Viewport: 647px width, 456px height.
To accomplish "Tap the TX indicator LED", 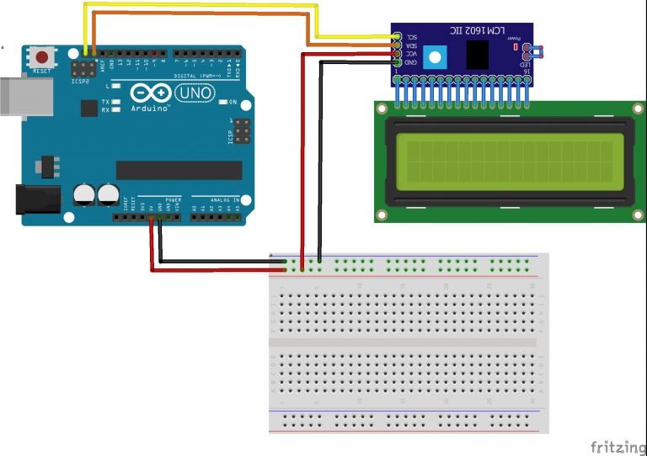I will (x=115, y=102).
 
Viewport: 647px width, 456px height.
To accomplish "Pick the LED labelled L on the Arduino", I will (x=115, y=86).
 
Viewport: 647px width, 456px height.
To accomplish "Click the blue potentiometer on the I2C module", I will (x=434, y=57).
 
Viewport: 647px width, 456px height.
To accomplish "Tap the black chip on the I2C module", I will (x=479, y=55).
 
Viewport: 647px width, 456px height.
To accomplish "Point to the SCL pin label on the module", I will (x=412, y=37).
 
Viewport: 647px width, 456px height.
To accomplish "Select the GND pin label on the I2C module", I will (x=412, y=61).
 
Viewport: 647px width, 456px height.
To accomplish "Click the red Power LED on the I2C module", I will (x=515, y=50).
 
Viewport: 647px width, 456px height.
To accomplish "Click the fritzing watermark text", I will (x=615, y=445).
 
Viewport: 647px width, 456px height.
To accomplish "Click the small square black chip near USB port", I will (x=88, y=108).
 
